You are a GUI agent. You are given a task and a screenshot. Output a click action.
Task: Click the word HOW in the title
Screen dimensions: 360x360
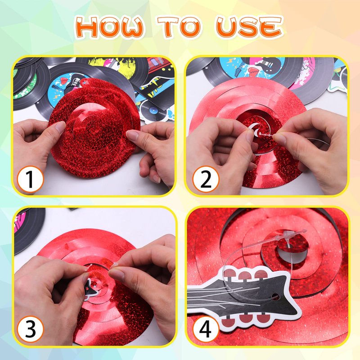coord(110,27)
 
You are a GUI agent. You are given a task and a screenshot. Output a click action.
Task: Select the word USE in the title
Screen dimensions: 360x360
coord(249,27)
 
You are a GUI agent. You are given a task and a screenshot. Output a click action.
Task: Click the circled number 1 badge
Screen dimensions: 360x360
coord(30,179)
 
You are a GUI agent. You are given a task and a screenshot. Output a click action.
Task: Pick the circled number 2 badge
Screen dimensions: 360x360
coord(206,179)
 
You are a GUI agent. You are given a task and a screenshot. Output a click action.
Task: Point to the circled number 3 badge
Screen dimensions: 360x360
coord(30,329)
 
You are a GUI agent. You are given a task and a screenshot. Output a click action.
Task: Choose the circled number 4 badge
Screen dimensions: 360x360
coord(206,329)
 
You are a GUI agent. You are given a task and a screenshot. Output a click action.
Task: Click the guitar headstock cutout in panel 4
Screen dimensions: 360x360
coord(243,298)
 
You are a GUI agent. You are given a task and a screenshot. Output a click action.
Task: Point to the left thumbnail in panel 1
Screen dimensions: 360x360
coord(60,126)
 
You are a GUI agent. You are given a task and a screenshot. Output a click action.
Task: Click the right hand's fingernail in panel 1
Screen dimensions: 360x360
coord(132,135)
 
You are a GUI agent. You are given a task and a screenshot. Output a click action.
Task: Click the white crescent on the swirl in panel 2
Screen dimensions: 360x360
coord(254,130)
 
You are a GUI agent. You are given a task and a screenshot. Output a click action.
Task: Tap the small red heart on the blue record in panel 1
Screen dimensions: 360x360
coord(64,81)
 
